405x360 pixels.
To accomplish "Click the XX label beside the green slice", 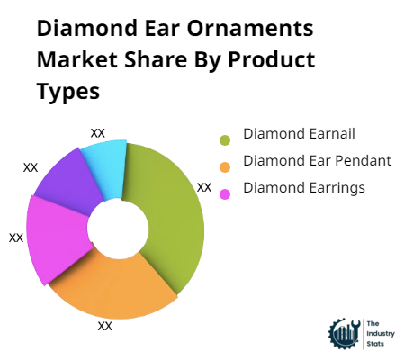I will coord(203,187).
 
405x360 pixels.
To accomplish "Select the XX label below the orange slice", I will coord(104,326).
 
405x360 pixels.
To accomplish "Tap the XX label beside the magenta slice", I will coord(16,238).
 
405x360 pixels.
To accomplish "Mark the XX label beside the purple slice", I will coord(31,167).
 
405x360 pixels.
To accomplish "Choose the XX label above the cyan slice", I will coord(98,132).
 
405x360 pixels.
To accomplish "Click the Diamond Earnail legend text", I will coord(299,134).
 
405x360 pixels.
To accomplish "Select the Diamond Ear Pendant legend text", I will coord(317,161).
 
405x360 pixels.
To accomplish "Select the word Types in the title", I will coord(68,93).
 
